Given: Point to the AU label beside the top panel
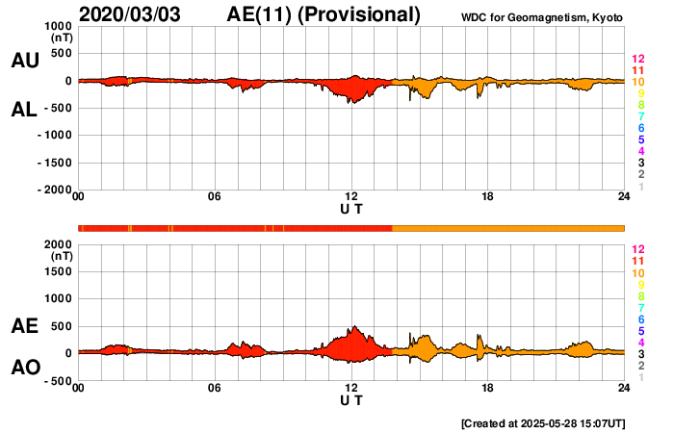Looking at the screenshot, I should tap(24, 61).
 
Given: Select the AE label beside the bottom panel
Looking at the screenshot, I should tap(24, 327).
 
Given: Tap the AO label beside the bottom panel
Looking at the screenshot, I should tap(24, 368).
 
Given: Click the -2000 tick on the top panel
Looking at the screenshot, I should tap(55, 191).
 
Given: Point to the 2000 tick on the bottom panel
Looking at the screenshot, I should tap(60, 244).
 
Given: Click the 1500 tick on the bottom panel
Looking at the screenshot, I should tap(60, 272).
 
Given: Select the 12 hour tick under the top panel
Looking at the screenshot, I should tap(351, 197).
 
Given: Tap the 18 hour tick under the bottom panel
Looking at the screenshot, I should tap(488, 388).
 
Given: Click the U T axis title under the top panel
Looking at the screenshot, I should tap(351, 209).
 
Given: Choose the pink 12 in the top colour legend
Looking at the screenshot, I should tap(637, 60).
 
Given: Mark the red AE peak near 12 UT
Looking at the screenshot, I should tap(355, 328).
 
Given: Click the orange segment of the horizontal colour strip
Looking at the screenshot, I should tap(508, 228).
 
